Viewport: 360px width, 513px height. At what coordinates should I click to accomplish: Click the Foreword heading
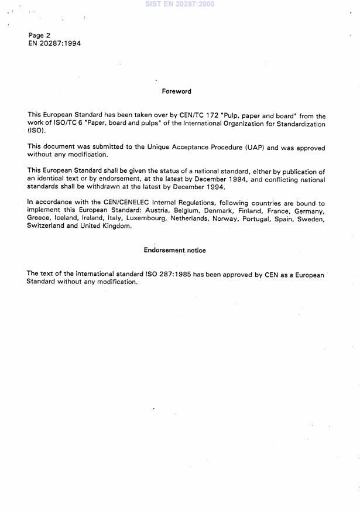pyautogui.click(x=176, y=91)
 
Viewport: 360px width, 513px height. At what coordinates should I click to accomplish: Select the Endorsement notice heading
pyautogui.click(x=174, y=250)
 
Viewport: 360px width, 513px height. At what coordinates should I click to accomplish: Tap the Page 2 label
pyautogui.click(x=40, y=35)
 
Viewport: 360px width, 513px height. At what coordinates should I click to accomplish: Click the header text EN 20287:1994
pyautogui.click(x=54, y=43)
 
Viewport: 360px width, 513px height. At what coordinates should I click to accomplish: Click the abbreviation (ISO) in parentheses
pyautogui.click(x=36, y=132)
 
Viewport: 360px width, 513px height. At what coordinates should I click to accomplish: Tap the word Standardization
pyautogui.click(x=295, y=124)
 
